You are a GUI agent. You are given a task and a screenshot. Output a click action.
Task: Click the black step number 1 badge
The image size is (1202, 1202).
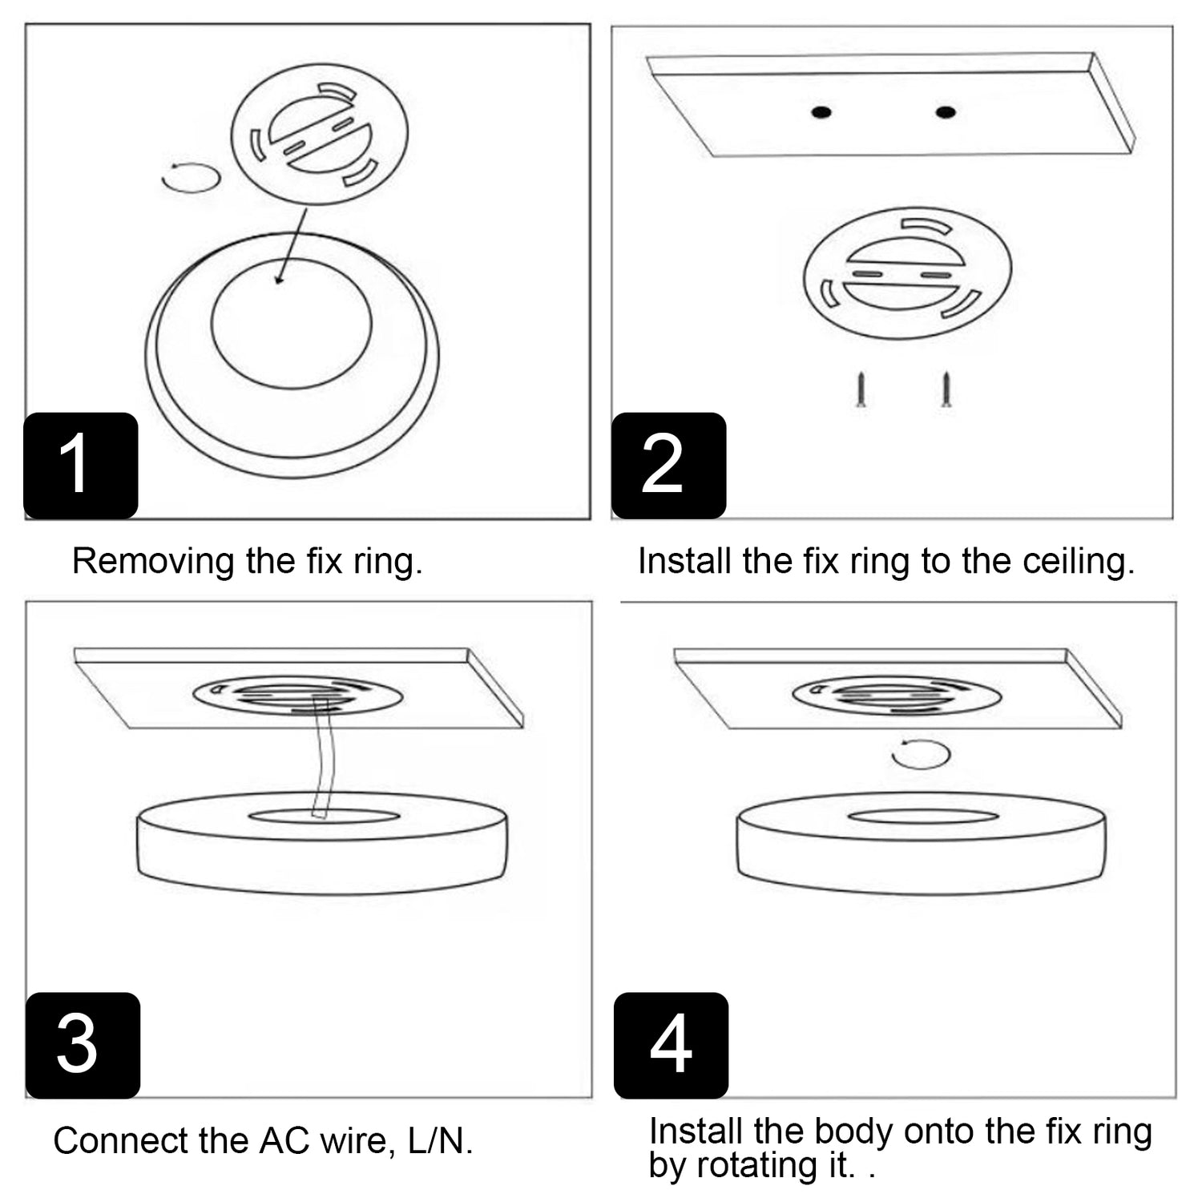click(x=80, y=466)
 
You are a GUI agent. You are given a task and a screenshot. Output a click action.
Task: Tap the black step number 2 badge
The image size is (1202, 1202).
click(x=668, y=466)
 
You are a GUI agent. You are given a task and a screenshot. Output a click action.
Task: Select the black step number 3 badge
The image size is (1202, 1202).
click(x=83, y=1045)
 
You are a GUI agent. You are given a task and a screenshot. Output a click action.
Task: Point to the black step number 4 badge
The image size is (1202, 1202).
click(x=671, y=1045)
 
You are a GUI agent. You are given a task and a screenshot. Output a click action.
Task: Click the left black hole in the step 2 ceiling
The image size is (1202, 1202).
click(x=821, y=112)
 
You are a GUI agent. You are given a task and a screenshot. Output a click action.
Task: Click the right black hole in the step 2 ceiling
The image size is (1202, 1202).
click(x=946, y=112)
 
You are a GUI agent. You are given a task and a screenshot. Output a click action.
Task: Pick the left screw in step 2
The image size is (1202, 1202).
click(x=861, y=389)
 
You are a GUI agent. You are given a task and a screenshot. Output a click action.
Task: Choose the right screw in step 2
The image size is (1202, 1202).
click(x=946, y=389)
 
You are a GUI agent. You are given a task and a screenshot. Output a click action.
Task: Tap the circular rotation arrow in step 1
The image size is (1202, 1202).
click(x=191, y=177)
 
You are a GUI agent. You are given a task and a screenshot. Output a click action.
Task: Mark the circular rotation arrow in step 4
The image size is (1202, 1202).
click(x=921, y=754)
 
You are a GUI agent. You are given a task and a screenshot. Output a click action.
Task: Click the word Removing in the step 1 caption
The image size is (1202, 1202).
click(x=153, y=561)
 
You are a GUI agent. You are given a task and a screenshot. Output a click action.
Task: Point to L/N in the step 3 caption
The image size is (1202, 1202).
click(x=440, y=1140)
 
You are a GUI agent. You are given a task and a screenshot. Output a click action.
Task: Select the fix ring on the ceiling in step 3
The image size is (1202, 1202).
click(x=297, y=696)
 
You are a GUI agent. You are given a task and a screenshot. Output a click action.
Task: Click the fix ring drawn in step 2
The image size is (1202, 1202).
click(x=907, y=273)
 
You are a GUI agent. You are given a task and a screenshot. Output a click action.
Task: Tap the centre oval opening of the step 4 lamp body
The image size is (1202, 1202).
click(x=922, y=817)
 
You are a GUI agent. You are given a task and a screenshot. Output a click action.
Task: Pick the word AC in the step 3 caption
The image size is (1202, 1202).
click(x=284, y=1140)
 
